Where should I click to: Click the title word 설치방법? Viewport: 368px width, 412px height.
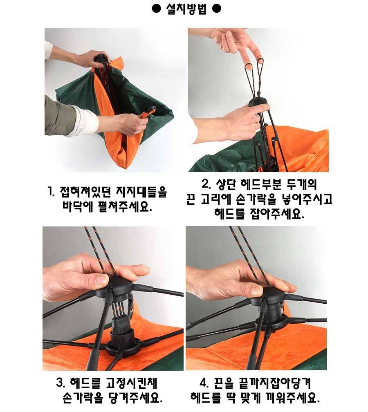(x=186, y=9)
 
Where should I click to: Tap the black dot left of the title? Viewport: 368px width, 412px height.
(x=156, y=9)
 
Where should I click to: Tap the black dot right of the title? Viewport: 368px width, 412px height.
(x=217, y=9)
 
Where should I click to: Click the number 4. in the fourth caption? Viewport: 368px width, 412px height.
(x=204, y=383)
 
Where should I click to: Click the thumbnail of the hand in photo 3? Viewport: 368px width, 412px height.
(x=102, y=280)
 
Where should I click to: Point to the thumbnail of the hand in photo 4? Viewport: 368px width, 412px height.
(x=257, y=290)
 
